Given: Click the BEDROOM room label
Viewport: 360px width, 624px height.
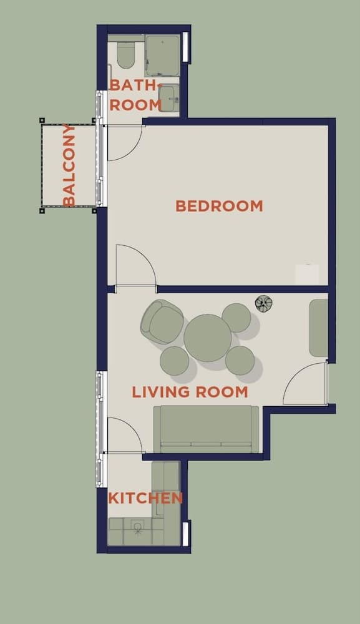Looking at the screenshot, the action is click(219, 206).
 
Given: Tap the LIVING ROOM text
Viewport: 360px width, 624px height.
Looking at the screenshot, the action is click(190, 392).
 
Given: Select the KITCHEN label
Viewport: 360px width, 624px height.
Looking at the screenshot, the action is click(145, 498).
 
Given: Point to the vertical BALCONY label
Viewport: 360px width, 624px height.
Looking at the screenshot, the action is click(69, 165).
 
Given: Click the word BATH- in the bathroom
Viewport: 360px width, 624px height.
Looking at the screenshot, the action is click(136, 85).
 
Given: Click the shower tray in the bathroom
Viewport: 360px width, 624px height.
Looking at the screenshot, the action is click(162, 56).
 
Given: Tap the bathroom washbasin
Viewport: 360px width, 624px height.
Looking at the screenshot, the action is click(168, 98).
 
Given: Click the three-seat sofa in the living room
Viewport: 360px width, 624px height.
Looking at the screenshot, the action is click(206, 429).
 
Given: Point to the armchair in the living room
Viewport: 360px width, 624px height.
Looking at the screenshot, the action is click(162, 321).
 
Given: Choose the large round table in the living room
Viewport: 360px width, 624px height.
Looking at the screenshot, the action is click(208, 338).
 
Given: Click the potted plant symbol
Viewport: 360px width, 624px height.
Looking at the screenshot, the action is click(264, 304).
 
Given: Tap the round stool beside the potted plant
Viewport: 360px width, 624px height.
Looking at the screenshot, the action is click(236, 318).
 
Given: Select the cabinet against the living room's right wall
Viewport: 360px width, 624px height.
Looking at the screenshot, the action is click(319, 328).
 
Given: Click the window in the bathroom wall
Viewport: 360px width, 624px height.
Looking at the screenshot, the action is click(185, 47).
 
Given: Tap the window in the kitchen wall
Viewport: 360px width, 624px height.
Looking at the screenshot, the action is click(185, 534).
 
